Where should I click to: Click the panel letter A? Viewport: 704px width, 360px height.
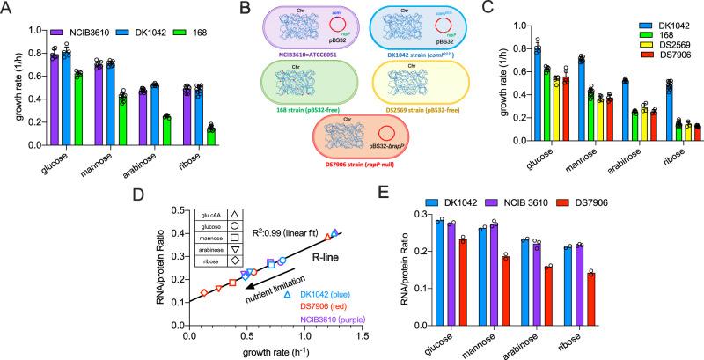click(x=8, y=8)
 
